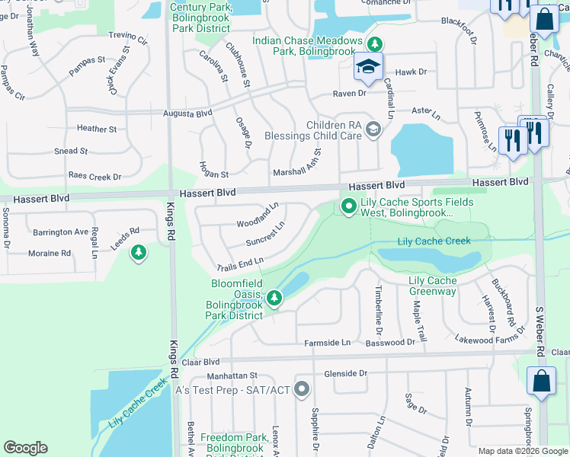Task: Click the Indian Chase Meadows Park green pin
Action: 375,44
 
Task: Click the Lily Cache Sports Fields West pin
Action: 349,206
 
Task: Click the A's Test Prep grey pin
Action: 302,389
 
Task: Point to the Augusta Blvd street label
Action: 187,113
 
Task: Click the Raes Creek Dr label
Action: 94,176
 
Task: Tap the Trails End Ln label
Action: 239,264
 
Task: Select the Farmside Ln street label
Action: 327,343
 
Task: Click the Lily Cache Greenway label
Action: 433,286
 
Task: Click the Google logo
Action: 25,448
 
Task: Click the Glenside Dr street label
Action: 345,373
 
